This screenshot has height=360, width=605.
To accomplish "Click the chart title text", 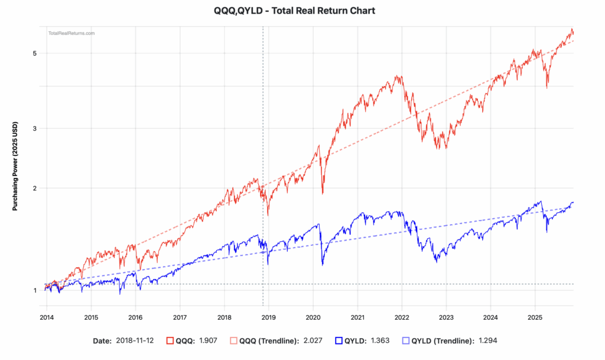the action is click(x=294, y=11).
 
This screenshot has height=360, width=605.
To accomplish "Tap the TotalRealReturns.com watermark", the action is click(x=71, y=33).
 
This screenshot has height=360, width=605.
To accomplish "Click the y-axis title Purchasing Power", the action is click(x=15, y=166).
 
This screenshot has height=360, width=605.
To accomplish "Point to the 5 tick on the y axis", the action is click(x=35, y=53).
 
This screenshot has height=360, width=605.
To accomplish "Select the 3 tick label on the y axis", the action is click(x=35, y=128).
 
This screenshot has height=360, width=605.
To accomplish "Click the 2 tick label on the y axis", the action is click(x=35, y=189).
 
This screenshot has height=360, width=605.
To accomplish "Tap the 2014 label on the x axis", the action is click(x=47, y=317).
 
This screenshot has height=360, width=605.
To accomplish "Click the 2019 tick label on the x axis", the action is click(x=269, y=317).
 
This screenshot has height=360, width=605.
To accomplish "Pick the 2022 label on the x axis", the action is click(x=402, y=317).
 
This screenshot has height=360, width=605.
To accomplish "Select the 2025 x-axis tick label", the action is click(x=535, y=317).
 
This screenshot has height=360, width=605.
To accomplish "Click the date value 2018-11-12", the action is click(x=135, y=340).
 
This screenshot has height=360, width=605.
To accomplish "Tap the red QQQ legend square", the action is click(x=170, y=340).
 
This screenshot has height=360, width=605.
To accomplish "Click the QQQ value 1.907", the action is click(x=208, y=340).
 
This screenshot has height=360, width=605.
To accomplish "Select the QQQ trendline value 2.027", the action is click(x=313, y=340).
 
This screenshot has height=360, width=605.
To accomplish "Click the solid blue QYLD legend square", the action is click(x=339, y=340).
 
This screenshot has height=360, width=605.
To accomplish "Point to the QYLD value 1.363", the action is click(x=380, y=340).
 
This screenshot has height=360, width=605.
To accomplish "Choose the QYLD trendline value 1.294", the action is click(x=487, y=340).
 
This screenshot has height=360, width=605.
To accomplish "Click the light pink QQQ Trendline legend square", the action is click(x=233, y=340).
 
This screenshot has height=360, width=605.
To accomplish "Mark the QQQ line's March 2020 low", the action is click(x=323, y=194).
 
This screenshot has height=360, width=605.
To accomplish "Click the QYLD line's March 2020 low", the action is click(x=323, y=265).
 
